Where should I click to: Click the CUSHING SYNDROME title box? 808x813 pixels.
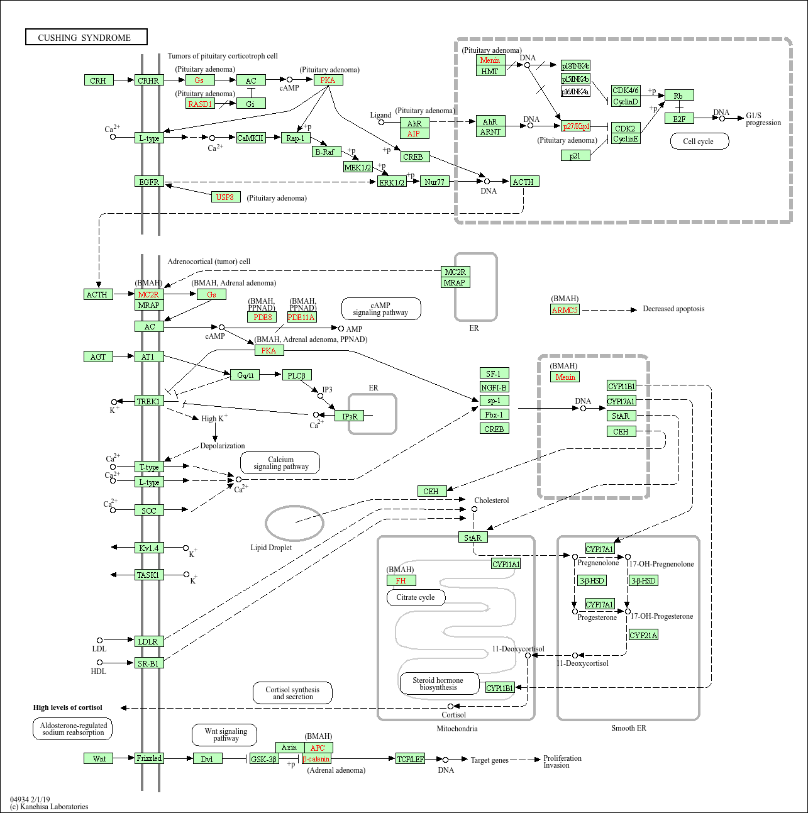86,37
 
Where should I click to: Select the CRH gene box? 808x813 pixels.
98,80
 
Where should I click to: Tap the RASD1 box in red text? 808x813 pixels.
201,104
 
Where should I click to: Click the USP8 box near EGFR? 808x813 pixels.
225,197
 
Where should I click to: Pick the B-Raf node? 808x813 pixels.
326,152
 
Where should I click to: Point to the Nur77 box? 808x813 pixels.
434,182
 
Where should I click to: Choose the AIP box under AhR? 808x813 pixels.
414,133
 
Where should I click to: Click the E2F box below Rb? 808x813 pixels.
679,118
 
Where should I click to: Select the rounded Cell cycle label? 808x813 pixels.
698,141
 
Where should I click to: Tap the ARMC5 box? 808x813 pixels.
565,309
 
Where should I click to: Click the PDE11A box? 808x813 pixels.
302,317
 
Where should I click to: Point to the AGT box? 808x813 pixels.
98,357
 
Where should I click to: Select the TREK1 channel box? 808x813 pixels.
149,401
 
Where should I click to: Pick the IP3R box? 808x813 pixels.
349,416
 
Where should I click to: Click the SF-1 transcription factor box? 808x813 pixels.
494,373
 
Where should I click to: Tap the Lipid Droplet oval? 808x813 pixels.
294,523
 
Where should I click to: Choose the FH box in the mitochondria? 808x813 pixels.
401,580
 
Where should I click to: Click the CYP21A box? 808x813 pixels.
643,635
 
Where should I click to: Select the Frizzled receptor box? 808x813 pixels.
149,758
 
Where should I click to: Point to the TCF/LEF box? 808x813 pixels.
411,759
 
